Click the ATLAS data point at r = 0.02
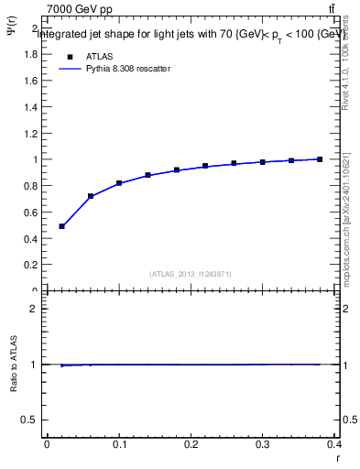(61, 226)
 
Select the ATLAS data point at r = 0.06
(91, 196)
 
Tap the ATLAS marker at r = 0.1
(119, 183)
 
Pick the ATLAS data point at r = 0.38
(320, 159)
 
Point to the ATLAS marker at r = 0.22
(205, 166)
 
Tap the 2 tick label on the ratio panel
(34, 309)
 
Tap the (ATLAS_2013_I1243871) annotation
(191, 274)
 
